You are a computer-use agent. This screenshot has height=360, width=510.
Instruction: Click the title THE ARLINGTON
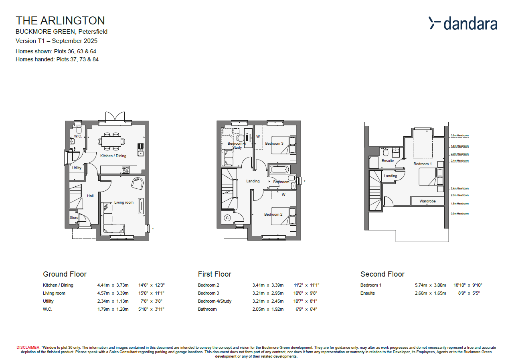(60, 20)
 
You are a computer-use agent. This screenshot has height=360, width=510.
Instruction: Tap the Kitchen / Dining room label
(113, 156)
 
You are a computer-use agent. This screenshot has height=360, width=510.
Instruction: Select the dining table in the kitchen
(111, 141)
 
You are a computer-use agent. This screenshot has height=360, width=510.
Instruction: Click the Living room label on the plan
(124, 202)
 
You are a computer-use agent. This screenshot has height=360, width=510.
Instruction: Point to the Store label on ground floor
(74, 218)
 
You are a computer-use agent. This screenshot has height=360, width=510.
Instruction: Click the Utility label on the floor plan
(77, 168)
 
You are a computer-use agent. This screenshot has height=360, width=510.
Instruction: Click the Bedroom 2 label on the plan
(273, 214)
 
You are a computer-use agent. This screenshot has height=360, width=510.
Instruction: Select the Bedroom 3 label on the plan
(274, 144)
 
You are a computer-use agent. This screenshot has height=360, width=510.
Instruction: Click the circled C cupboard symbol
(227, 218)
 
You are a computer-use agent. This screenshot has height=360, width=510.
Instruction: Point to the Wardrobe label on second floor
(427, 201)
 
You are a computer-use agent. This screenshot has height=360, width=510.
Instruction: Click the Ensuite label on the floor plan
(387, 161)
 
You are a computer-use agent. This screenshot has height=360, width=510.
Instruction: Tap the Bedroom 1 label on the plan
(423, 164)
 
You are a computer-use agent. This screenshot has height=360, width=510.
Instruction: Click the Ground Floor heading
(65, 274)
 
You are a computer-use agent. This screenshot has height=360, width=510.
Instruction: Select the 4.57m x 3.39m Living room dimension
(113, 293)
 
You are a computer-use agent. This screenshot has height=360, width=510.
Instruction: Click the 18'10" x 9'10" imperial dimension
(467, 285)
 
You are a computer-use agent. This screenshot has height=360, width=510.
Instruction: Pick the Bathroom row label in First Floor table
(207, 309)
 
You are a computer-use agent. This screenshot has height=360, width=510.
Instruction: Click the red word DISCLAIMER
(28, 347)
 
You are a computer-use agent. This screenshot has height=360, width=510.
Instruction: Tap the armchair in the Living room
(138, 183)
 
